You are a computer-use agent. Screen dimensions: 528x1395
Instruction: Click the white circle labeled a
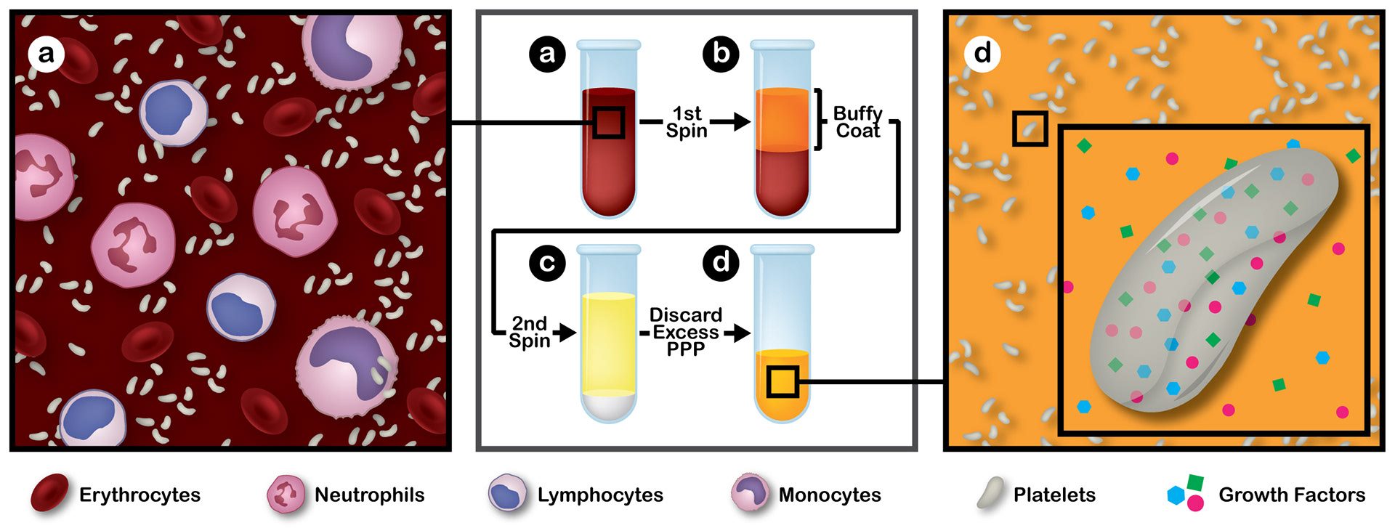[x=46, y=54]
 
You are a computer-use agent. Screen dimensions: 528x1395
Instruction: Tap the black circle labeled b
[x=721, y=54]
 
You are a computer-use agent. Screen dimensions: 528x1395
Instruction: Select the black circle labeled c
[x=547, y=262]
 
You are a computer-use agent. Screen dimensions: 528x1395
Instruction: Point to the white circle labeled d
[x=982, y=54]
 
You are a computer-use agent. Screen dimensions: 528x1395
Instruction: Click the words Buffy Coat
[x=857, y=122]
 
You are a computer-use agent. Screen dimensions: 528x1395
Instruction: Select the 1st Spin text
[x=687, y=122]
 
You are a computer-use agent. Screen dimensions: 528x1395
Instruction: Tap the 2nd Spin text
[x=529, y=332]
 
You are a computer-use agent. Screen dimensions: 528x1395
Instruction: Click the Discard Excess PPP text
[x=686, y=332]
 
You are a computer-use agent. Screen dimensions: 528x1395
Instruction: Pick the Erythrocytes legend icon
[x=49, y=493]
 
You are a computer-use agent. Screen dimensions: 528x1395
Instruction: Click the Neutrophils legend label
[x=369, y=495]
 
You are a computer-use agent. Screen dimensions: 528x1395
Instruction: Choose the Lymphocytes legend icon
[x=507, y=494]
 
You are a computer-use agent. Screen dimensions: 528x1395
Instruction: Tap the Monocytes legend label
[x=830, y=495]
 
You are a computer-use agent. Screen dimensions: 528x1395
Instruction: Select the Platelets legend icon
[x=990, y=492]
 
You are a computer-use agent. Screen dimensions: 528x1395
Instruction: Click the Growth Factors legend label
[x=1292, y=495]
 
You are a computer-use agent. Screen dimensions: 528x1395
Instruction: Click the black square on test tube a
[x=609, y=122]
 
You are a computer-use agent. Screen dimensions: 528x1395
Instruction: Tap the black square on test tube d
[x=783, y=381]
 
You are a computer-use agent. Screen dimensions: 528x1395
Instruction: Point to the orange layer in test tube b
[x=783, y=120]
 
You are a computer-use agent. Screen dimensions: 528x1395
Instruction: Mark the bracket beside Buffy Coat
[x=819, y=119]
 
